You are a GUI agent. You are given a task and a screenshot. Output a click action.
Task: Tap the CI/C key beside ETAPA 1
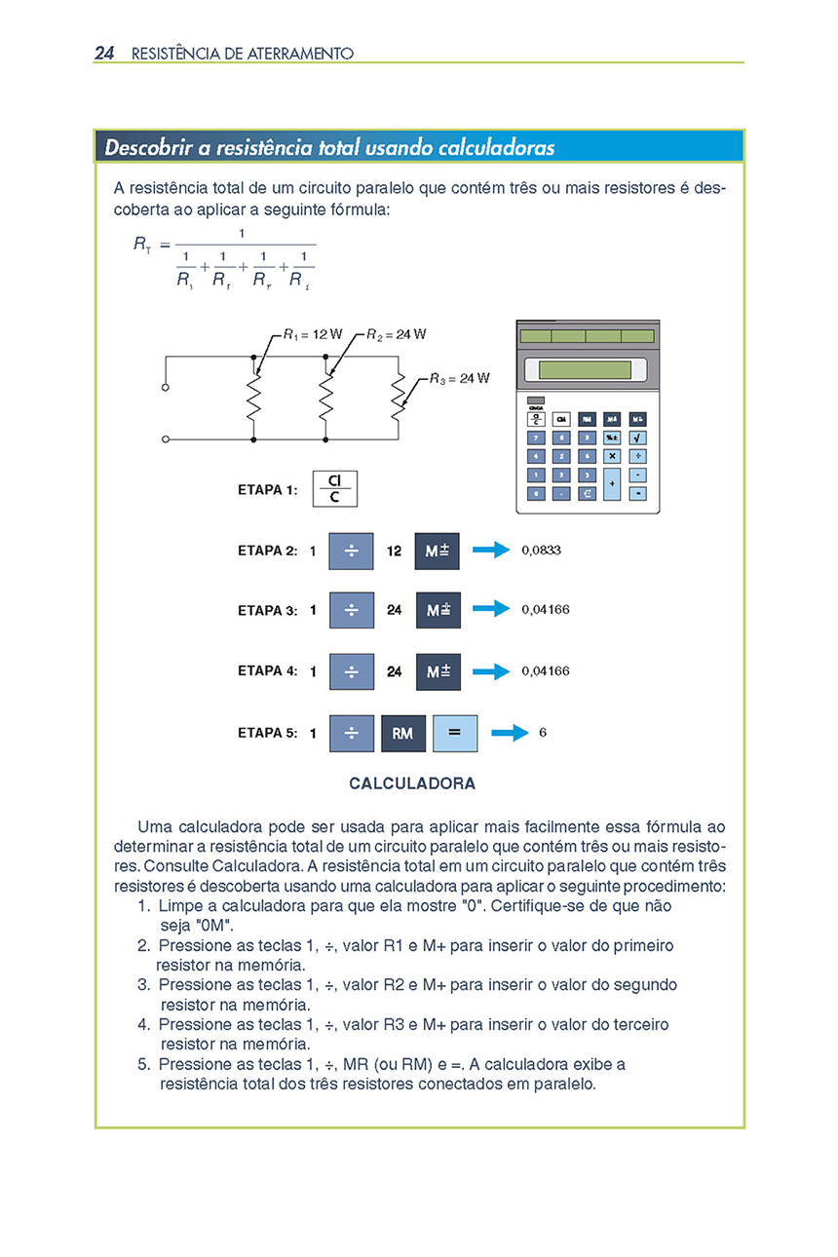334,488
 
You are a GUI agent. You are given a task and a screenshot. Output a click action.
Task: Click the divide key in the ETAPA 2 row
352,551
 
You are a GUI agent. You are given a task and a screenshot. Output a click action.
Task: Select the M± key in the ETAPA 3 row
438,610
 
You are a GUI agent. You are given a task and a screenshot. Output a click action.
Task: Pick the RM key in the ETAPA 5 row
403,733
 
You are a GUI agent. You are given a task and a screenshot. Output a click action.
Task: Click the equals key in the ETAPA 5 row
455,733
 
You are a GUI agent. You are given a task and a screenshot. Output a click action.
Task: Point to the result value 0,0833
541,550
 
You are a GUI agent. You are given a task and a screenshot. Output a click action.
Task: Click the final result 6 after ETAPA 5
543,732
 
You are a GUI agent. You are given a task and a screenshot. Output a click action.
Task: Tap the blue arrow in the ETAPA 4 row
491,671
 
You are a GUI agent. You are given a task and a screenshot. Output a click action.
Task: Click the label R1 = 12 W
313,334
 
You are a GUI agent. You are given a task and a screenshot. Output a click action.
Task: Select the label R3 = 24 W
460,378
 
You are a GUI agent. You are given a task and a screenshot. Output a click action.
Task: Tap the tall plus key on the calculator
612,483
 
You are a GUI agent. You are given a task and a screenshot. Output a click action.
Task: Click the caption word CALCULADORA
412,783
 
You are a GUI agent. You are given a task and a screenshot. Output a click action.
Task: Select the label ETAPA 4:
267,671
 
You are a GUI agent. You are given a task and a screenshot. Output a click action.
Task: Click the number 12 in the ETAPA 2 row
394,551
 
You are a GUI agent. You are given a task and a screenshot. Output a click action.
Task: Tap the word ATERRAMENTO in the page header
300,54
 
